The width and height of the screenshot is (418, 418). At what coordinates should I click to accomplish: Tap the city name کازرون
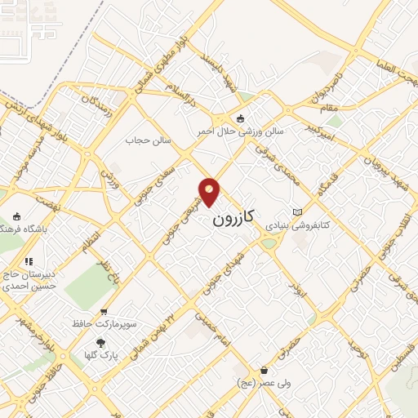[233, 217]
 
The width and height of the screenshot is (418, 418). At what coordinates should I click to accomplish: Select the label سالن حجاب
[148, 140]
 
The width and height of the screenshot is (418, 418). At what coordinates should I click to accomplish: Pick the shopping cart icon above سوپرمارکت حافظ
[104, 311]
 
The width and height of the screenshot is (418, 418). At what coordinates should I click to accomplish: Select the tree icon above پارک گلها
[101, 343]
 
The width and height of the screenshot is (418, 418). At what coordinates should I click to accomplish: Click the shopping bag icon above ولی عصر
[265, 370]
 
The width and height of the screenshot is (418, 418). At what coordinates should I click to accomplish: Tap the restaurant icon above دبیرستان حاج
[29, 261]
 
